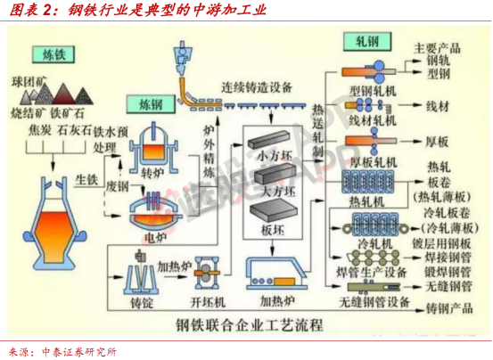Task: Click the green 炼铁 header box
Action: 51,54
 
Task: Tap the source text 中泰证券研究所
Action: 79,349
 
